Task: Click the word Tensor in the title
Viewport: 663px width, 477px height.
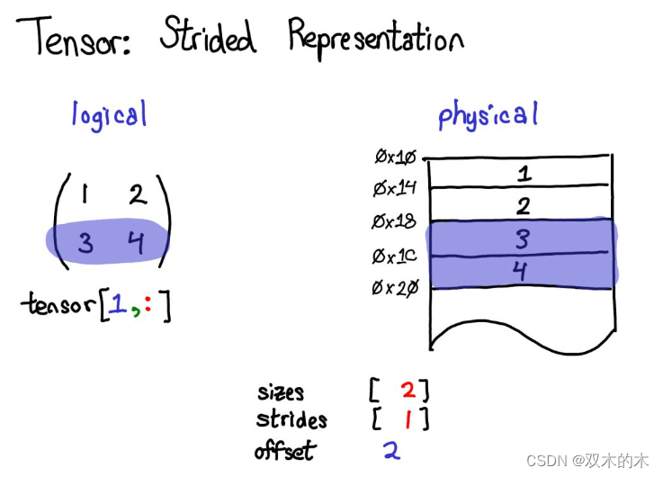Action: (74, 36)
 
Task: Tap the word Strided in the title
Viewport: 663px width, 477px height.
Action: (208, 35)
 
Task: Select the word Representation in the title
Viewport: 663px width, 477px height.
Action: (376, 39)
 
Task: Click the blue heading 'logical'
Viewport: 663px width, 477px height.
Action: (110, 115)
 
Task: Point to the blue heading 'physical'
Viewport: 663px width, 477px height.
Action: (488, 114)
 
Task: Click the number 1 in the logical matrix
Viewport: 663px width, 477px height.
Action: (85, 194)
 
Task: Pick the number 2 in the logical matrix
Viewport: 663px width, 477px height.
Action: (138, 195)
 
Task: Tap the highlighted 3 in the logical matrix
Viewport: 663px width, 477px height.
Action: (85, 243)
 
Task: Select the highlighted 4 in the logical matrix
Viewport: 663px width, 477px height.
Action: (136, 243)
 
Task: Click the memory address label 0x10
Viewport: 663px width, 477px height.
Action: (395, 157)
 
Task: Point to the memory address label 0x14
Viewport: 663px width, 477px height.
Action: (395, 188)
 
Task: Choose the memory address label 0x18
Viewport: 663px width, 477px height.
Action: (394, 221)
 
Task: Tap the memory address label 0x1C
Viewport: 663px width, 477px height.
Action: (395, 256)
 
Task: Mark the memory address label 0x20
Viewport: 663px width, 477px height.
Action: (395, 288)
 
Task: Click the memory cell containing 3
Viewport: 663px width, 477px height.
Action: (521, 238)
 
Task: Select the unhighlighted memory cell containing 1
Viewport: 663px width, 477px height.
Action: (520, 172)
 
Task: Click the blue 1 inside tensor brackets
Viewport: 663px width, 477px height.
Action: (118, 303)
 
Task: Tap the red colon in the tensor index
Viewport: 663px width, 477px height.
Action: (148, 303)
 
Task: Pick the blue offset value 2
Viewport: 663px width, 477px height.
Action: (392, 450)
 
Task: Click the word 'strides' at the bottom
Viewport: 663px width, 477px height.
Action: (291, 419)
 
